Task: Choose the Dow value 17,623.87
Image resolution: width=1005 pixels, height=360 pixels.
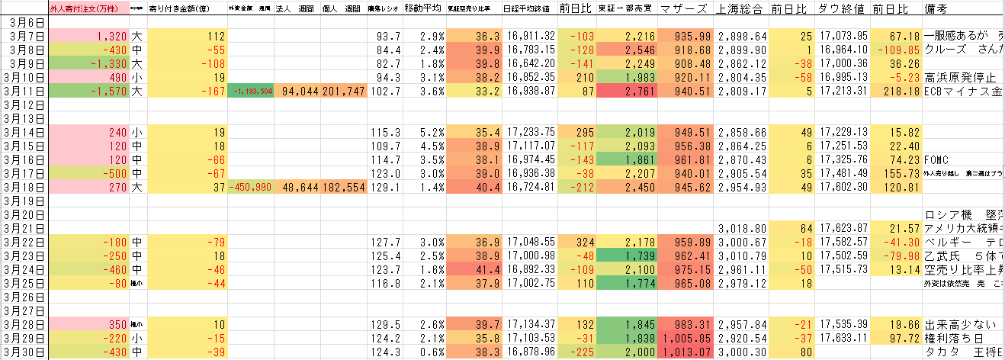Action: pyautogui.click(x=843, y=227)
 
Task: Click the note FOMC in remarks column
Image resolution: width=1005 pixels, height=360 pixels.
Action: pyautogui.click(x=937, y=159)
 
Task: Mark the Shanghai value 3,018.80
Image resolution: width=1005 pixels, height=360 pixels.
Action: pyautogui.click(x=740, y=227)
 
